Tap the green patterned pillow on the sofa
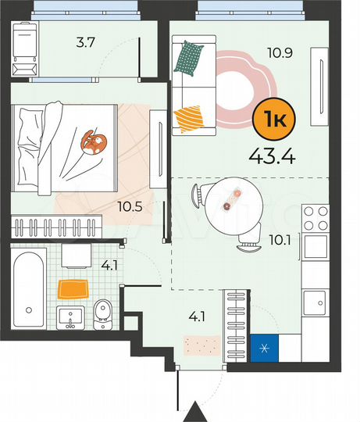tap(188, 58)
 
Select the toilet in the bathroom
tap(102, 315)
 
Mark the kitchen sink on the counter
tap(316, 301)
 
